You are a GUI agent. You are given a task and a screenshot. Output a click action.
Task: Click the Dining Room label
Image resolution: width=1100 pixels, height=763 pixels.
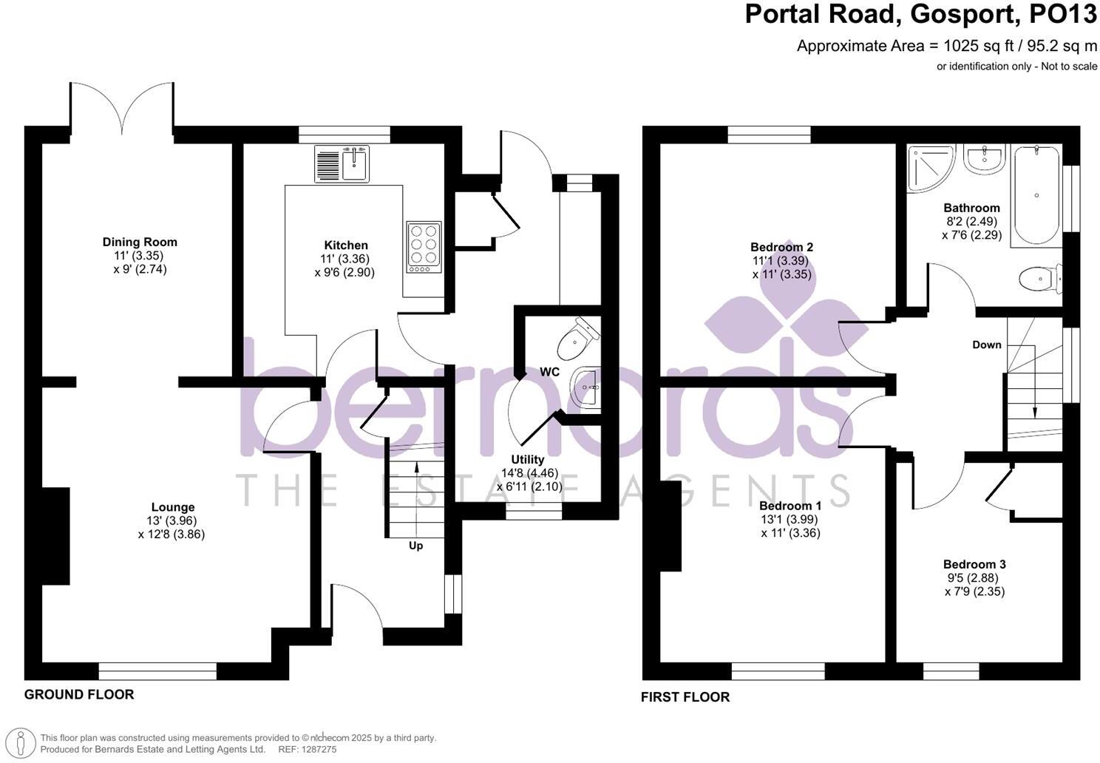(140, 242)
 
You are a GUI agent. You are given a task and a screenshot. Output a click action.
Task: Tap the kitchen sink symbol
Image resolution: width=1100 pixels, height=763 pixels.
(342, 163)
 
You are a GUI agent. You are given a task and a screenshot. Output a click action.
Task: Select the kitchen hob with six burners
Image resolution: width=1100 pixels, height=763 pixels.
(424, 247)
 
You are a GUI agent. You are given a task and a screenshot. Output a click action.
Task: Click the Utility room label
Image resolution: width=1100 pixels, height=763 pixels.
(527, 460)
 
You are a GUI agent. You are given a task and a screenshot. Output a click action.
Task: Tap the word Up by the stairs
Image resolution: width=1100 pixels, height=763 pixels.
(415, 546)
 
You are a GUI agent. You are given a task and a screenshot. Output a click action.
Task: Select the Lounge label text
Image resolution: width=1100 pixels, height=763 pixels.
(173, 507)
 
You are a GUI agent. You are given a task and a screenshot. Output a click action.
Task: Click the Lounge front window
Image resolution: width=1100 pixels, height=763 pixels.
(157, 671)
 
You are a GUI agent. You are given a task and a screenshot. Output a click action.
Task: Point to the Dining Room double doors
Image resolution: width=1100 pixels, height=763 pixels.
(123, 111)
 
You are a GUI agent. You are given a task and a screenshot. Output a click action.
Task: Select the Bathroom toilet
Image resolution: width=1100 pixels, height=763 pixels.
(1039, 279)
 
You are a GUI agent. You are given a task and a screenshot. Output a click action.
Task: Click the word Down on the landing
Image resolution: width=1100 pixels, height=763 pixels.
(986, 345)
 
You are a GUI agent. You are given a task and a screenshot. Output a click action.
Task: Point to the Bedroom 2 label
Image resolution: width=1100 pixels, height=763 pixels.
(781, 247)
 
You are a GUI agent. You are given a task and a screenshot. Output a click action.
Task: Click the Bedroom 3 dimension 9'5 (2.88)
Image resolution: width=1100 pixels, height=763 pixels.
(974, 578)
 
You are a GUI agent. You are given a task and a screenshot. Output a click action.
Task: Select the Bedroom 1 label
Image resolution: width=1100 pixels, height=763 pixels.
(790, 506)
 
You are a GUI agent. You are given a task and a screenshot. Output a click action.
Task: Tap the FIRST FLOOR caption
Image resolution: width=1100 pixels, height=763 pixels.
(685, 697)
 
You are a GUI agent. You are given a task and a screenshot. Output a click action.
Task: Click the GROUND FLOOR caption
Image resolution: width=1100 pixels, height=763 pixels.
(79, 694)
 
